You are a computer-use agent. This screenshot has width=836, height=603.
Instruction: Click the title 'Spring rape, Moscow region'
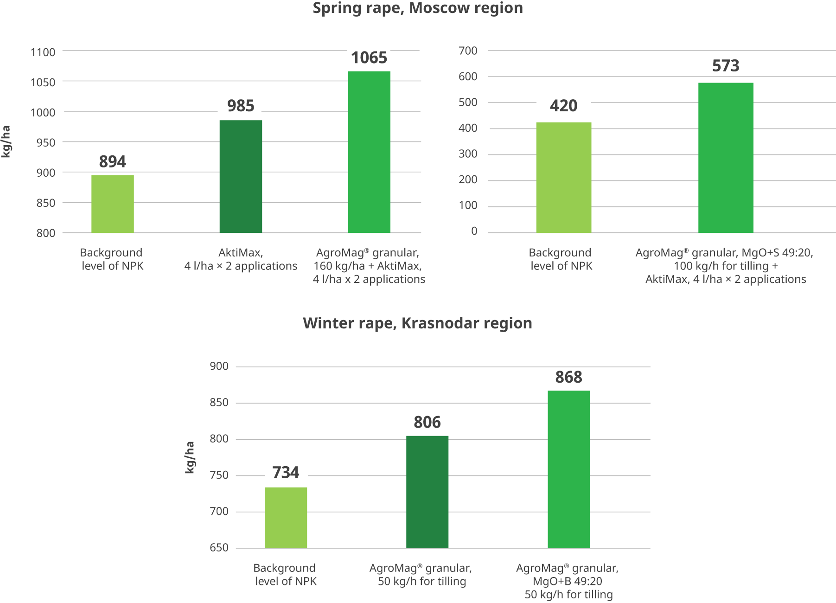(x=418, y=8)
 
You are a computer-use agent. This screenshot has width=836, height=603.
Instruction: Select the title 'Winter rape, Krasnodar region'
(x=417, y=323)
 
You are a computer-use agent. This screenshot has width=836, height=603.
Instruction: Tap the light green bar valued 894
(x=113, y=204)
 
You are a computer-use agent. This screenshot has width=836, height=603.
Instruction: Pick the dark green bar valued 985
(x=241, y=176)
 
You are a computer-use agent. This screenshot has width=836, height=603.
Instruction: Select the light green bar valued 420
(x=563, y=177)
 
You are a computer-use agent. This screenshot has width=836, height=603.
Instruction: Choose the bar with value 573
(x=726, y=158)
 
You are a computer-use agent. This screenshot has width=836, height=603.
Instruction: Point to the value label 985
(x=241, y=106)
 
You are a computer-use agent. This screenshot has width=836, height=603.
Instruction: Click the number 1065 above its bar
(x=369, y=58)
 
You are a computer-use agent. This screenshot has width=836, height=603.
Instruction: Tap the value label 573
(x=726, y=66)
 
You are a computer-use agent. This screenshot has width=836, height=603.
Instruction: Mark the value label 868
(x=568, y=377)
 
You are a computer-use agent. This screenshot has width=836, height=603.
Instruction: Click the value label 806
(x=427, y=422)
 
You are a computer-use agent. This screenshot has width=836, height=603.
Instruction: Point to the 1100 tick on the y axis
(x=43, y=52)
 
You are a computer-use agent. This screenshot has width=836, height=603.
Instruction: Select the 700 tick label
(x=468, y=51)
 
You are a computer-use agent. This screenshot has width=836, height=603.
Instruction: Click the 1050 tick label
(x=43, y=82)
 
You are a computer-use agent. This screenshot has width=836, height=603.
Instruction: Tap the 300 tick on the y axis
(x=468, y=154)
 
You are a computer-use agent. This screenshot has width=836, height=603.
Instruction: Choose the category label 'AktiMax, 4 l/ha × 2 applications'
(x=241, y=259)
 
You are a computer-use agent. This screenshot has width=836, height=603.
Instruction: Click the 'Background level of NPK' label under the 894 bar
(x=112, y=259)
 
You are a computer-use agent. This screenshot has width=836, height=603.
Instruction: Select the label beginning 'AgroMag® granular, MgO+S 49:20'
(x=725, y=266)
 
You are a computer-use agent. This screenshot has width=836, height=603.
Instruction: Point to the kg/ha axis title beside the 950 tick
(x=6, y=142)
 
